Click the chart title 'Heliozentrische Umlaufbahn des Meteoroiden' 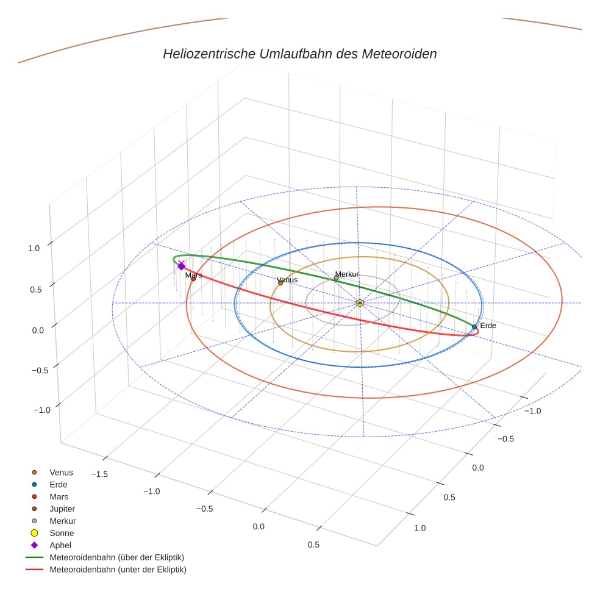click(299, 54)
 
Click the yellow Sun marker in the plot click(360, 303)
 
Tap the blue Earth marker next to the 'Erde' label click(474, 327)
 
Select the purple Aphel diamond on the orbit click(181, 266)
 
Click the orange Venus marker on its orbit click(280, 283)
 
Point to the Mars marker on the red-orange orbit click(193, 279)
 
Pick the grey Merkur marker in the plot click(336, 278)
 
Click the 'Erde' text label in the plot click(488, 326)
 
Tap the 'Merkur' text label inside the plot click(347, 274)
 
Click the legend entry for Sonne click(62, 533)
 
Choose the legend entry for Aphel click(60, 545)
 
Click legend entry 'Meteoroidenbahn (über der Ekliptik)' click(116, 557)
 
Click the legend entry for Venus click(61, 472)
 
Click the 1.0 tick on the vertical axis click(34, 248)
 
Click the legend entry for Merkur click(62, 521)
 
